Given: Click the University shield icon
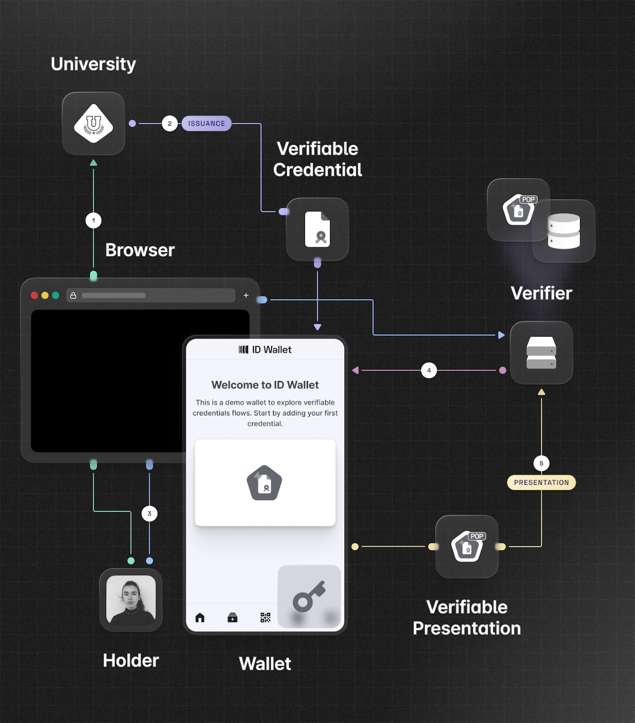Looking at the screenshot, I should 94,123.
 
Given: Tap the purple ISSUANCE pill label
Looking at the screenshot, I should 207,123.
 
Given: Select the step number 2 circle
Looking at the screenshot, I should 169,123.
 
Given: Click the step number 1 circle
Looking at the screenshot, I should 94,221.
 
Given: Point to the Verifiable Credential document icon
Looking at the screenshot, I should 317,229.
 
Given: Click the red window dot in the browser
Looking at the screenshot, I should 34,296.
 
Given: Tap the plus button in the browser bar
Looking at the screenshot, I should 246,296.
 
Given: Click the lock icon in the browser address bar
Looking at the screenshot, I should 73,296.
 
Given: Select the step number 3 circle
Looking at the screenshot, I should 150,514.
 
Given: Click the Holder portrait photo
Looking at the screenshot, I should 131,600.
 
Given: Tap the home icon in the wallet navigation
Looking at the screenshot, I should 200,618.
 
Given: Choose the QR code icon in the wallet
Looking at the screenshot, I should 265,618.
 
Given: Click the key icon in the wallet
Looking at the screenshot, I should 309,596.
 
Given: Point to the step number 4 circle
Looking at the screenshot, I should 429,371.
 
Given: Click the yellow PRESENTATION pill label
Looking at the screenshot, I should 541,483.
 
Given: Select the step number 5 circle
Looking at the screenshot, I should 541,463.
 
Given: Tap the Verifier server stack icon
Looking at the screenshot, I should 541,352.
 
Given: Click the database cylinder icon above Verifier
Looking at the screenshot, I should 564,231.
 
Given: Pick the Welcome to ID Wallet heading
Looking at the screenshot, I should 265,385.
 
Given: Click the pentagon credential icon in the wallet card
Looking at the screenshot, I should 264,483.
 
